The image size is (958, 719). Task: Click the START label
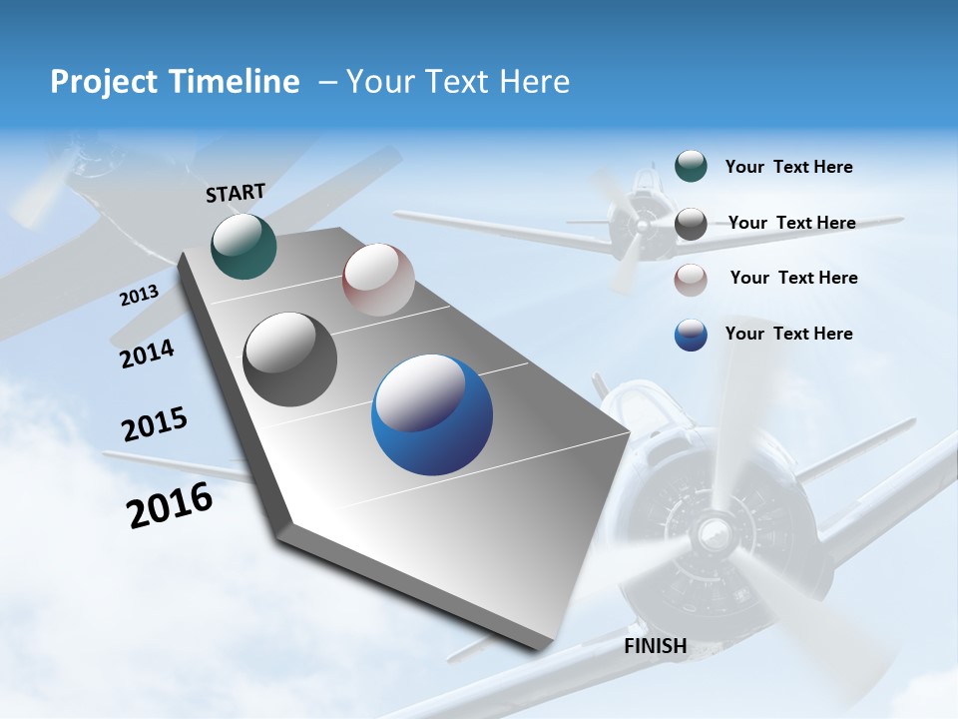click(236, 193)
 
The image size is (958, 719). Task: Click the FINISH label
click(656, 646)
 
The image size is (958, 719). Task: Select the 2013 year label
click(139, 296)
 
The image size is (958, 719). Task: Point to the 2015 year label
click(155, 424)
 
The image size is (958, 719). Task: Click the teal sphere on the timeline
click(243, 247)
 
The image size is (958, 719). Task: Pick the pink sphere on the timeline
click(378, 280)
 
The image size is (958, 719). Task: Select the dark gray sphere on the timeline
click(290, 359)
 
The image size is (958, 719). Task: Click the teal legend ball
click(691, 167)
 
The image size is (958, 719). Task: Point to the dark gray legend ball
click(691, 224)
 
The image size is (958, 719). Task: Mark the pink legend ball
click(691, 280)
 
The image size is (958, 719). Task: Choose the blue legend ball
click(691, 335)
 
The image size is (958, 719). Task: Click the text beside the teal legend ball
click(788, 168)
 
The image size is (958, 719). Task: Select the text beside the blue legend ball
click(788, 334)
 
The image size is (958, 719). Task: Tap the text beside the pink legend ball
click(793, 278)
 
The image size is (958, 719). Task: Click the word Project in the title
click(101, 82)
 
